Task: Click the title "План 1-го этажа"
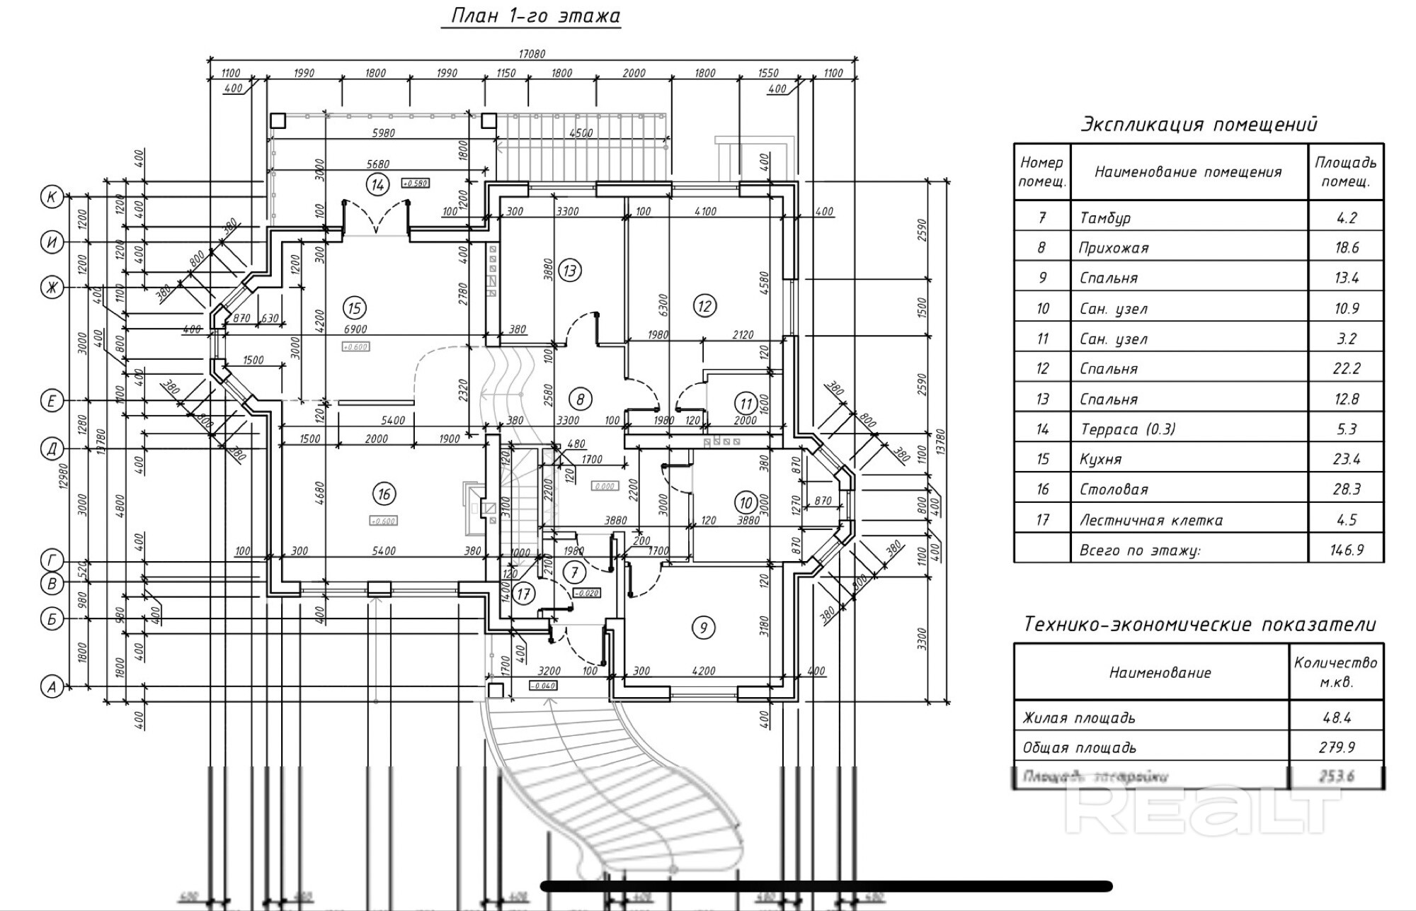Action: click(531, 16)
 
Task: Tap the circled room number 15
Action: click(355, 308)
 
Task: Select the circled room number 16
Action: click(384, 494)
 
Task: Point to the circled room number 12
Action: click(704, 306)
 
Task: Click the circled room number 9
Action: click(703, 628)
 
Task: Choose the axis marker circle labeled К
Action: click(52, 197)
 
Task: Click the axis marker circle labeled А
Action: click(52, 686)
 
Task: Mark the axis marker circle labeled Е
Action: click(52, 401)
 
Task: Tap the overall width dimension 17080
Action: click(532, 54)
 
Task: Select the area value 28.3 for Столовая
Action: click(1346, 490)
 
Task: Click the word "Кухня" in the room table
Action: click(1100, 459)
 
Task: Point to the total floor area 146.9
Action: click(1346, 550)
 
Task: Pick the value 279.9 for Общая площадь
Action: click(1336, 747)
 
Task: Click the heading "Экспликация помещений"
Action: click(1198, 125)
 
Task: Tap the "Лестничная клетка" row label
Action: click(1150, 520)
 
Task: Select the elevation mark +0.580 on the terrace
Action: click(416, 183)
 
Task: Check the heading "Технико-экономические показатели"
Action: click(1199, 624)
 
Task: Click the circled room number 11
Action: click(746, 404)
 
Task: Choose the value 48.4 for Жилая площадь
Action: click(1336, 718)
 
